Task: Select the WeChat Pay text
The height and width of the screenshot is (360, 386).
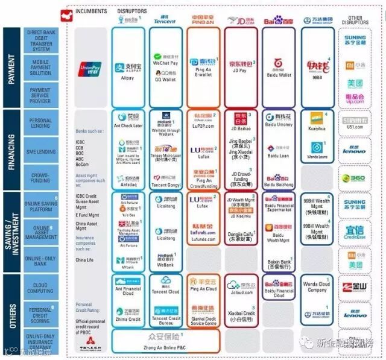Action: (x=165, y=63)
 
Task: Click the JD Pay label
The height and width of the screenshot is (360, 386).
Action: (x=239, y=70)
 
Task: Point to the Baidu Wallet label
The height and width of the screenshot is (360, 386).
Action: (x=278, y=75)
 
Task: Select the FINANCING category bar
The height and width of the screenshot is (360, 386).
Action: (x=11, y=148)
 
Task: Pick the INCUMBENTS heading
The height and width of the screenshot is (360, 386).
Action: (x=92, y=11)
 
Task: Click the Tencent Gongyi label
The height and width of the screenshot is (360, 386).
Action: (x=165, y=186)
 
